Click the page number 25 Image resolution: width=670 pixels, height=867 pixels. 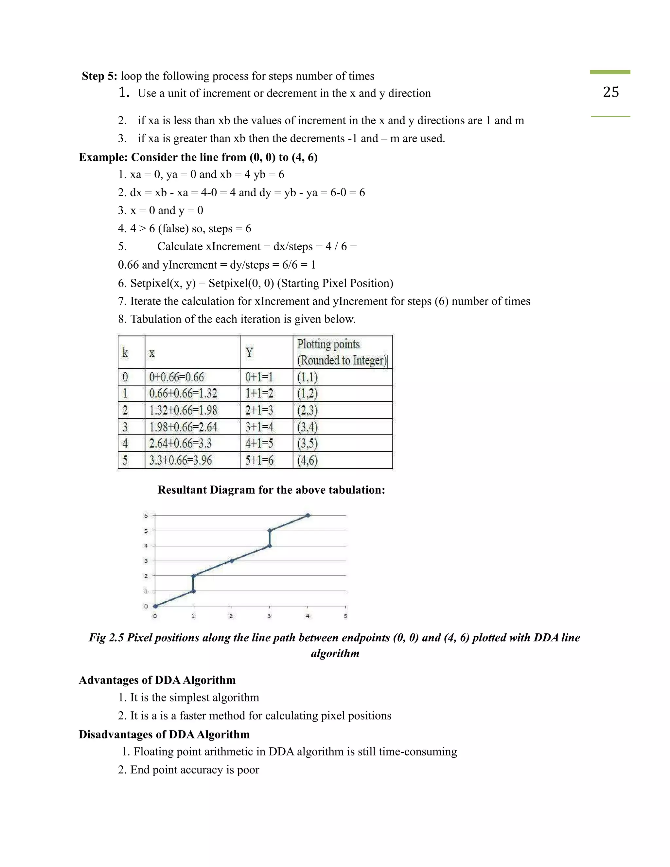pos(610,92)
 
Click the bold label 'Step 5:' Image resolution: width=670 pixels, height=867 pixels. pos(99,76)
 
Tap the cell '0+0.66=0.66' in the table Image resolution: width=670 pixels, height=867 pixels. pos(176,377)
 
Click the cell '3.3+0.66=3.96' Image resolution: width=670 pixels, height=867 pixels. pos(181,460)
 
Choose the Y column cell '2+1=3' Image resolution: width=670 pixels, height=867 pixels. pos(259,410)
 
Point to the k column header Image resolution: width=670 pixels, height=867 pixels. pos(125,352)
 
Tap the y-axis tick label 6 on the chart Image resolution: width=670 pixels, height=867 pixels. pos(146,516)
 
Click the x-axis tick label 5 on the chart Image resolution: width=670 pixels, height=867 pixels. pos(345,616)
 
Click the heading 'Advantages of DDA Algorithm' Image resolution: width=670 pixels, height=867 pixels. pos(157,680)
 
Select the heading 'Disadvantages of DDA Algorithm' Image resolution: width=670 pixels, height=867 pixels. pos(164,734)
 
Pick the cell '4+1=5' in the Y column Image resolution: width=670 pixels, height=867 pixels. pos(259,443)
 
